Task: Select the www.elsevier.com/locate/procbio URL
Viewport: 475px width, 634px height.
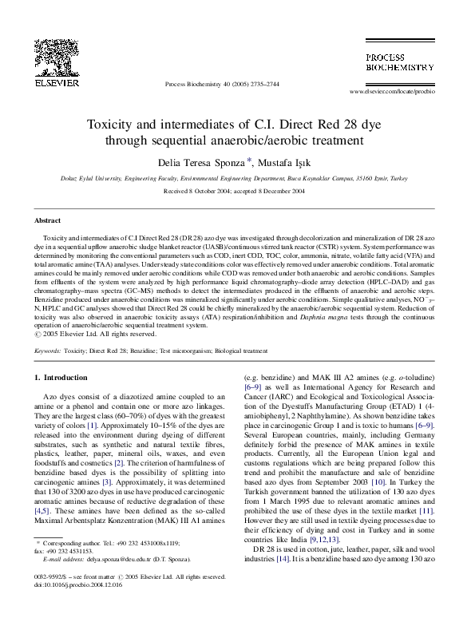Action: (394, 94)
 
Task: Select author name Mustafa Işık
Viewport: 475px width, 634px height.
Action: (297, 161)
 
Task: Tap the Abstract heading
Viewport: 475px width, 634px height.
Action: (49, 220)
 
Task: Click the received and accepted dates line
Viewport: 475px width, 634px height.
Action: (237, 192)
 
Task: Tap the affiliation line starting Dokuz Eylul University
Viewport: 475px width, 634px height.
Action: (237, 180)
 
